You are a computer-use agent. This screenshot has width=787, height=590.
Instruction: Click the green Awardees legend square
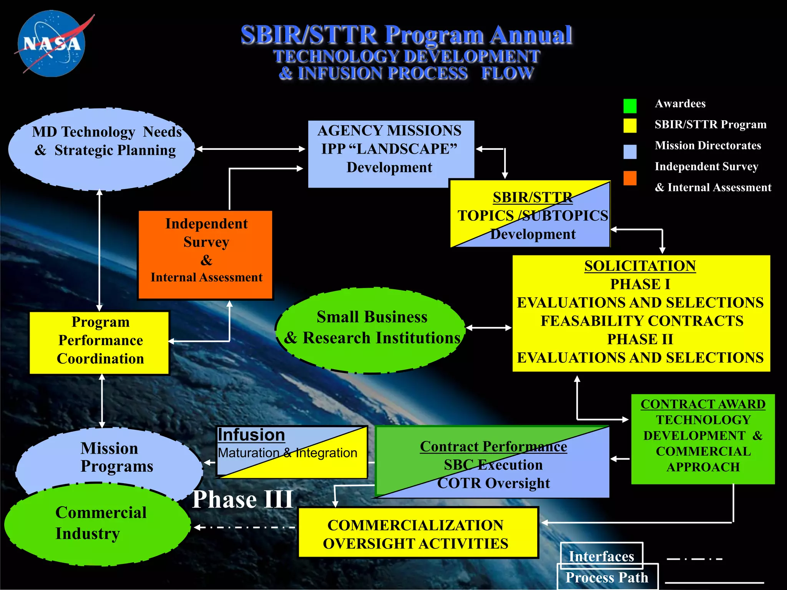coord(630,106)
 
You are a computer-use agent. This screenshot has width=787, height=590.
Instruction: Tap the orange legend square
coord(630,178)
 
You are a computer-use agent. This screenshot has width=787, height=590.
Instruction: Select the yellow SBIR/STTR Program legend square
coord(630,126)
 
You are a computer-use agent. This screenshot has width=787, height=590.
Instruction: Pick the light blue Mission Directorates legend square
coord(630,152)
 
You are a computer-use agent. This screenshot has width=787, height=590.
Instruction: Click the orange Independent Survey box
coord(206,254)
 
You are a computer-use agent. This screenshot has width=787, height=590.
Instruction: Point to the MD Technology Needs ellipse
coord(101,149)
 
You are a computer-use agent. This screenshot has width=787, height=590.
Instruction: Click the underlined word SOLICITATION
coord(640,266)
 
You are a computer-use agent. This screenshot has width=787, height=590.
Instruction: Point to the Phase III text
coord(243,499)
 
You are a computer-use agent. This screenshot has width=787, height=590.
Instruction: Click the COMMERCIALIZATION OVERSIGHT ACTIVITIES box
coord(418,533)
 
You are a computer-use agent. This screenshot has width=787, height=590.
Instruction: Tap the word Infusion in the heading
coord(251,435)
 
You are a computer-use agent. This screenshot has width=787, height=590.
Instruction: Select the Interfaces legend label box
coord(601,556)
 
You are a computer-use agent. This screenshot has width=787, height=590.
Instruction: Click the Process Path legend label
coord(607,577)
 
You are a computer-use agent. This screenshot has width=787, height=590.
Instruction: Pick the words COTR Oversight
coord(493,483)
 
